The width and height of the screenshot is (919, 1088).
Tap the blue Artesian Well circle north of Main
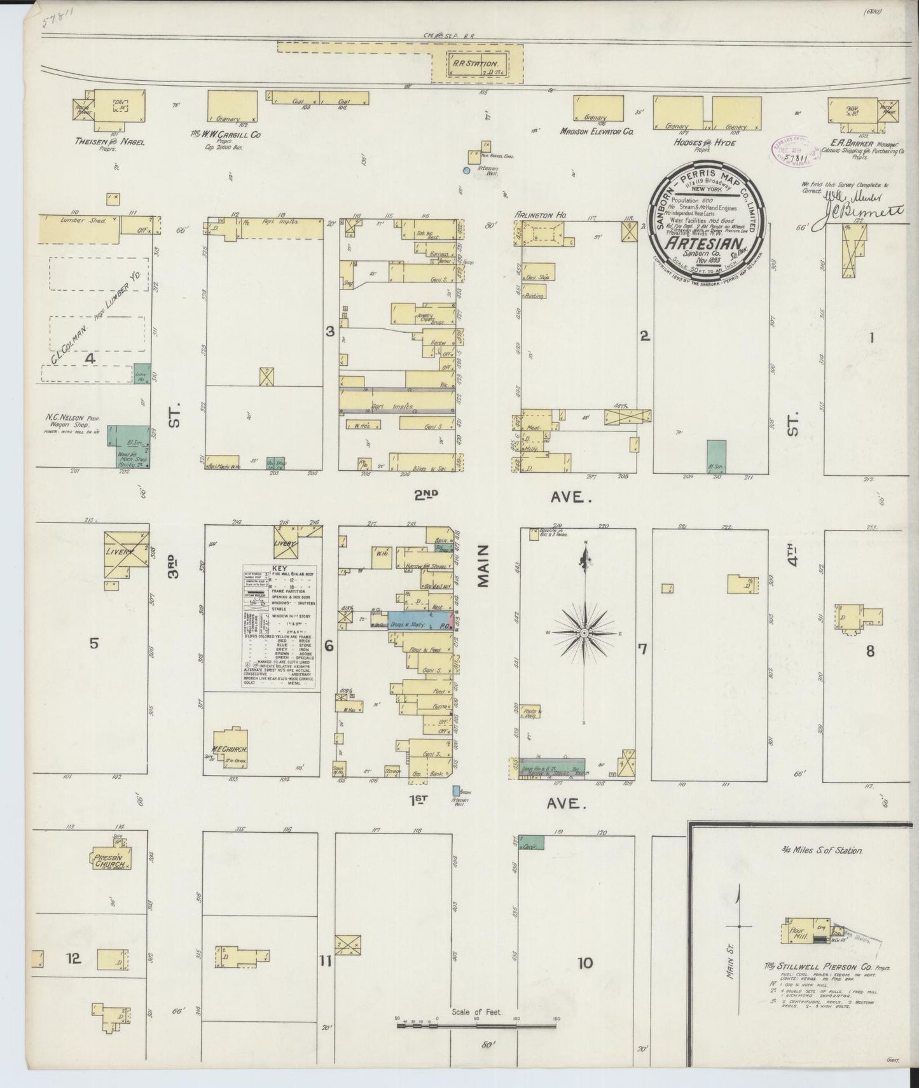[x=466, y=171]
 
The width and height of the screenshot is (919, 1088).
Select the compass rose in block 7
[x=584, y=632]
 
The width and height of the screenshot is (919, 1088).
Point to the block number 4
[x=90, y=358]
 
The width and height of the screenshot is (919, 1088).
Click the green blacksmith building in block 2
[x=716, y=456]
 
